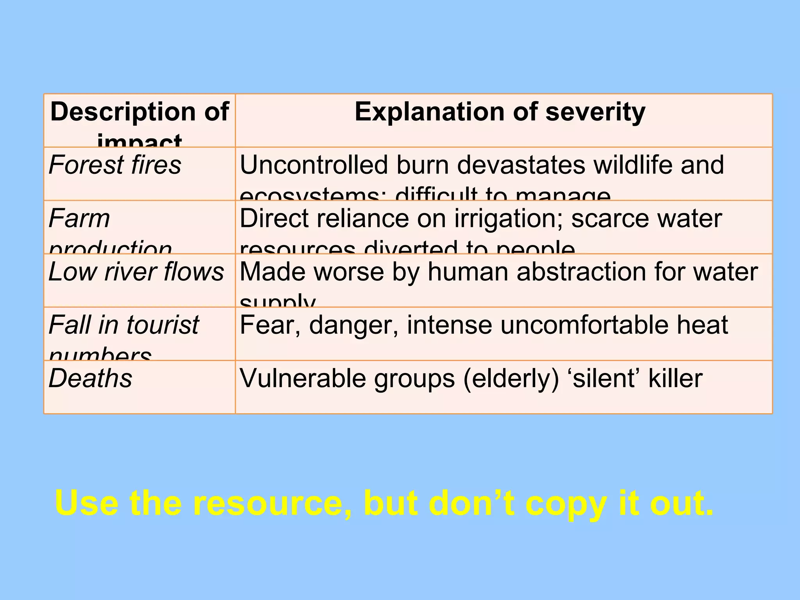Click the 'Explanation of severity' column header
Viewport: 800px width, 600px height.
500,112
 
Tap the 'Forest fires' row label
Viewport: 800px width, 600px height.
115,165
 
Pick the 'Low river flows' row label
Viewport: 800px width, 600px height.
136,271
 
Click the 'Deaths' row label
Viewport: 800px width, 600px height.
90,378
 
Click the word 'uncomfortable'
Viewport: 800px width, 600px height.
584,325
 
